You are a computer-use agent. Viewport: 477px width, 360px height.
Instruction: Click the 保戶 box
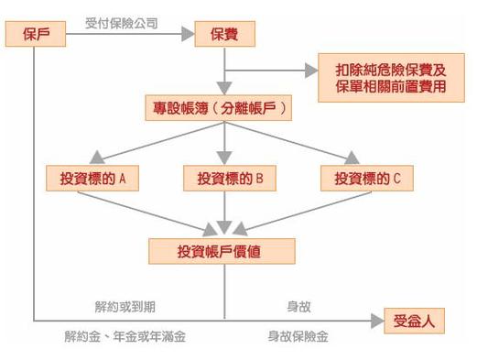[36, 35]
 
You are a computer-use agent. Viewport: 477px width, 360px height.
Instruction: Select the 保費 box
[224, 35]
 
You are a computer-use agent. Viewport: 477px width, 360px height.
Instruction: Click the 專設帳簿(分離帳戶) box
[224, 108]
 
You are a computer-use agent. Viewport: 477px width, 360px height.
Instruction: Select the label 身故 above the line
[298, 305]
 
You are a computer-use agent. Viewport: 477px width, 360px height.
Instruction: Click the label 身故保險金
[298, 336]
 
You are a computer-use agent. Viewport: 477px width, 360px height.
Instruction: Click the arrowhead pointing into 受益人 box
[375, 320]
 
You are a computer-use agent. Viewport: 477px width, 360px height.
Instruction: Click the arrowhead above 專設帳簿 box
[224, 88]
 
